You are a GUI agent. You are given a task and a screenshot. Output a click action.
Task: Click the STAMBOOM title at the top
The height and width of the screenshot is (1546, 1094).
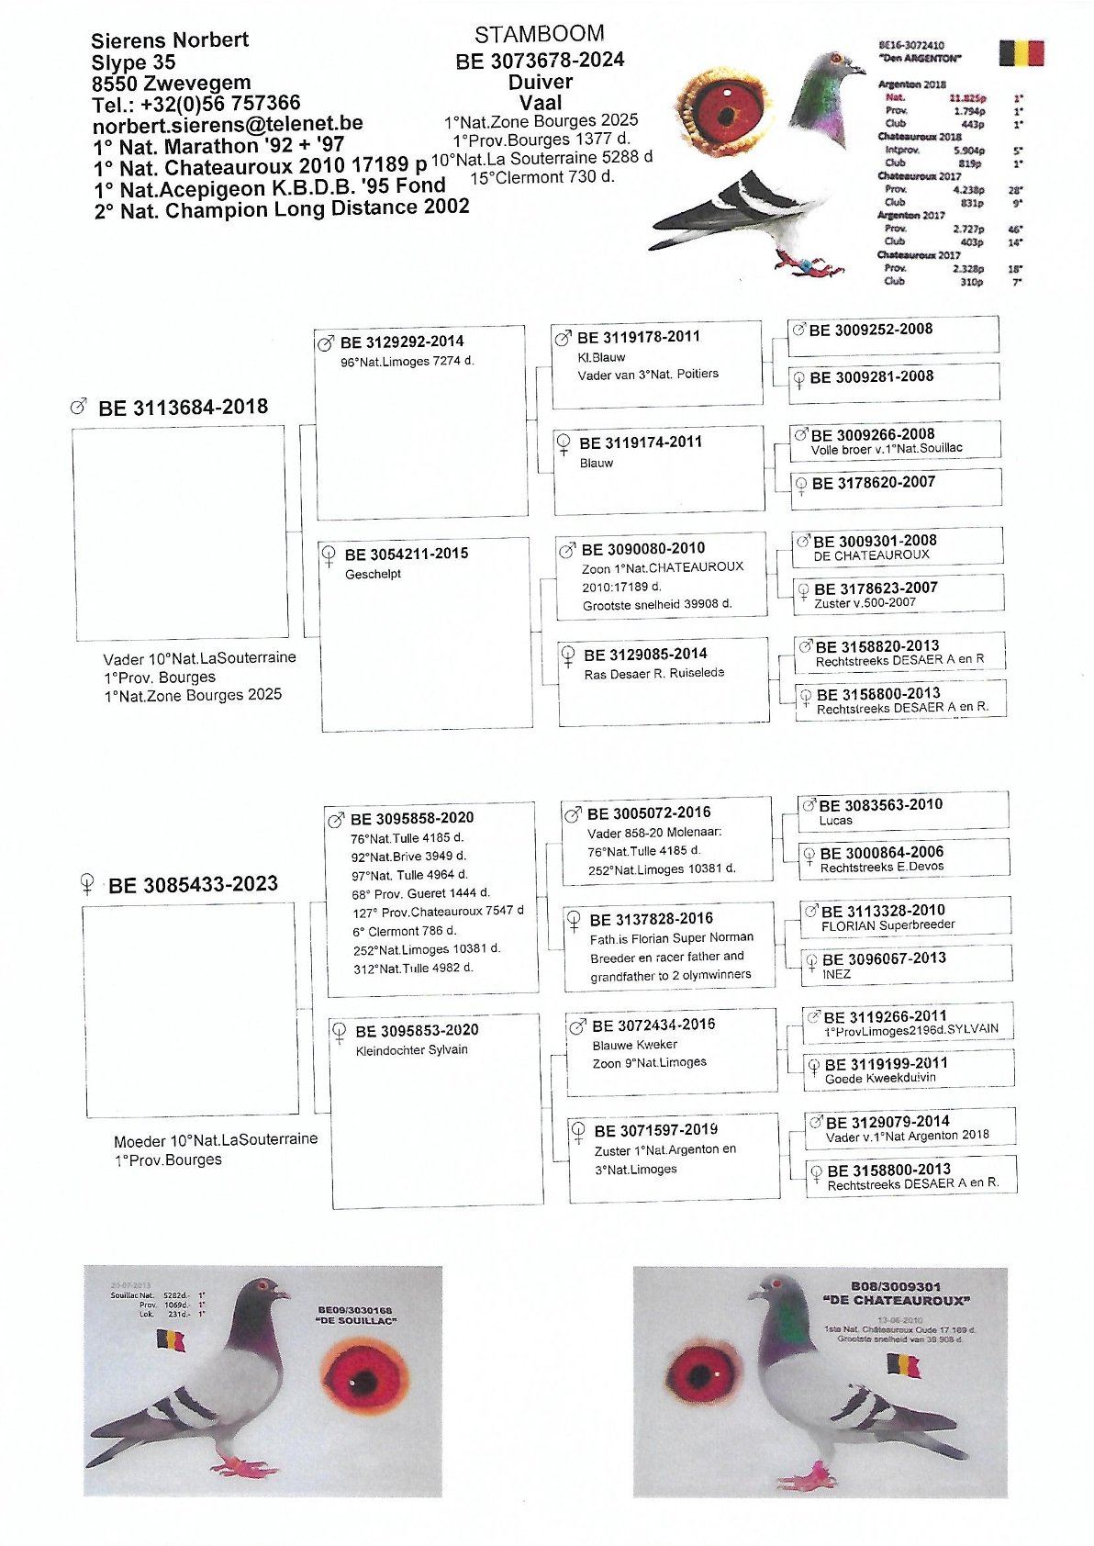[x=539, y=34]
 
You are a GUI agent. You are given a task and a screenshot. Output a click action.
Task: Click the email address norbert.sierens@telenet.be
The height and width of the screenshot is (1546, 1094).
[x=227, y=124]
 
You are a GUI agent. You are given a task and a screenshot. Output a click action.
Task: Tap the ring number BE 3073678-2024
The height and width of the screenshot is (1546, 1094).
[x=540, y=61]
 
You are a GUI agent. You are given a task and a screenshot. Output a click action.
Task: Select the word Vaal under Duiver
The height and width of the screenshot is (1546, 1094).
[x=541, y=102]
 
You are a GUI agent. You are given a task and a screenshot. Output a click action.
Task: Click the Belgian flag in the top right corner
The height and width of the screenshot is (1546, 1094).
[x=1021, y=53]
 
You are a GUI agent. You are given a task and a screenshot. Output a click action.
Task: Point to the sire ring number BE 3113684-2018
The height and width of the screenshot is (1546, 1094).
[x=183, y=408]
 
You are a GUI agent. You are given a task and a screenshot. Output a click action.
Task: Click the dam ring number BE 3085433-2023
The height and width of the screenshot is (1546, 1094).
[x=193, y=885]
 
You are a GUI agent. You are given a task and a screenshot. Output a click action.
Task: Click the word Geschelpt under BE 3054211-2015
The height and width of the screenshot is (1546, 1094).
[x=373, y=575]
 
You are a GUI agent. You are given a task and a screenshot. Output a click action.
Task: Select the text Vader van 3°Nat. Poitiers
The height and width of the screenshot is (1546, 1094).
[x=648, y=375]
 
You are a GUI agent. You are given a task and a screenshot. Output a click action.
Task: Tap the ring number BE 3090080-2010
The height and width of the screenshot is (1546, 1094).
[x=643, y=549]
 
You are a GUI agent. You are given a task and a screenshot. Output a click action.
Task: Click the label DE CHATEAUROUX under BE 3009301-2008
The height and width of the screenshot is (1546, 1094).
[x=871, y=555]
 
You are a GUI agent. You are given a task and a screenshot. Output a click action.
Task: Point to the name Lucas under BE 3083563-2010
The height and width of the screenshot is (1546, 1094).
[x=835, y=821]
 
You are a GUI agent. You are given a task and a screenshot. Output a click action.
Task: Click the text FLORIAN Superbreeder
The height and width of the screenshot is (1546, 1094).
[x=887, y=925]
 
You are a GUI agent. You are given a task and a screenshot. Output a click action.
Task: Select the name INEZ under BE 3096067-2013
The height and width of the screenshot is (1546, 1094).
[x=836, y=974]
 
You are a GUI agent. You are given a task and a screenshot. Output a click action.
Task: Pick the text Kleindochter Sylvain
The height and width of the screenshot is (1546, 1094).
[x=411, y=1050]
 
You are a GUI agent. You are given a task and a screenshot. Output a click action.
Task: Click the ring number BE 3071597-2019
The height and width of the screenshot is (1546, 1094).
[x=655, y=1130]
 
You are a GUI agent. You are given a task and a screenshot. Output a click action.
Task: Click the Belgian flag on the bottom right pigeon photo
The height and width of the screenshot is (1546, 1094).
[x=903, y=1365]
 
